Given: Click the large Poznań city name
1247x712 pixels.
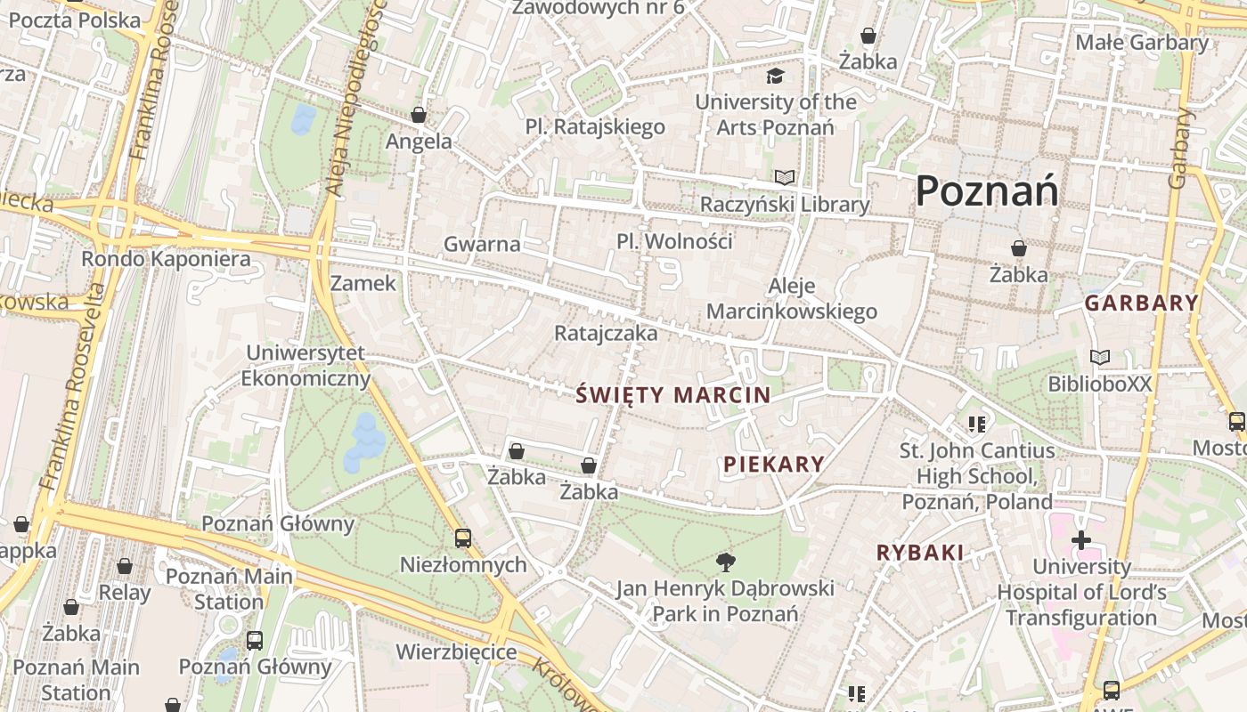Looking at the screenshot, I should [x=987, y=190].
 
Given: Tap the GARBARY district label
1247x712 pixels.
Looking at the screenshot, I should [x=1141, y=303].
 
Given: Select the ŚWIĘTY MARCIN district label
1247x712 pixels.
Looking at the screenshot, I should [x=673, y=395].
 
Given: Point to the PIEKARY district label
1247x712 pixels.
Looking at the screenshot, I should [x=774, y=464].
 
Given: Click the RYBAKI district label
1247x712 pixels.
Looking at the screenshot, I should [x=920, y=552].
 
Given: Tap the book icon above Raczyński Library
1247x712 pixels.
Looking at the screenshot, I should [x=784, y=178].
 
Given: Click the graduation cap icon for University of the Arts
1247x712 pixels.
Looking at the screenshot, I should [x=776, y=76].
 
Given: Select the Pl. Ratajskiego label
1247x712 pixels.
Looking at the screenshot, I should [x=595, y=126].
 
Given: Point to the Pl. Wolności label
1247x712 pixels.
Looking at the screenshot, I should [x=674, y=241].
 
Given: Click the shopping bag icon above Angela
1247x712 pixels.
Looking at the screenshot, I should [x=419, y=115].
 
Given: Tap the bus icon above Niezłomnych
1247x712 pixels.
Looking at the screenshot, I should [x=462, y=538].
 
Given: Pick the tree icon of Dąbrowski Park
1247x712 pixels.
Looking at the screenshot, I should [x=726, y=562].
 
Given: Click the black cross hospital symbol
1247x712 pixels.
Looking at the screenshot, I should [x=1080, y=540].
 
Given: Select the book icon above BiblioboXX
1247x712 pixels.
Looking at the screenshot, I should [x=1100, y=357].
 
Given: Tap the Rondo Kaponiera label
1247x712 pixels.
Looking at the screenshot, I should [x=166, y=259].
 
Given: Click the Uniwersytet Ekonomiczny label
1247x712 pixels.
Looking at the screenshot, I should [x=306, y=366].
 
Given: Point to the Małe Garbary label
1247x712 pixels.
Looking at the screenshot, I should [x=1143, y=42].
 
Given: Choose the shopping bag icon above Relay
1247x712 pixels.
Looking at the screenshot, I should [x=125, y=566].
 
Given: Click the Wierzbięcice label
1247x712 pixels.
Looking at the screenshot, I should [x=456, y=651].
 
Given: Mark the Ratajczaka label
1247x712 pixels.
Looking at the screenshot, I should [x=606, y=333].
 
